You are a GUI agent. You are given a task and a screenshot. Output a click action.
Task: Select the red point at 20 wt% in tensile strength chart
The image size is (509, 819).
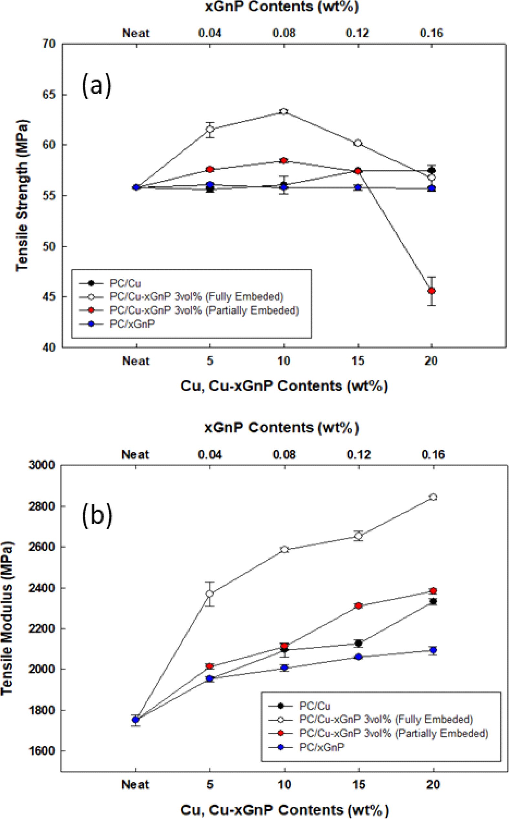pos(431,291)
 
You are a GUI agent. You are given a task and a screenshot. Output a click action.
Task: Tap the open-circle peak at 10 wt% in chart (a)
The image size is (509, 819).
pos(284,112)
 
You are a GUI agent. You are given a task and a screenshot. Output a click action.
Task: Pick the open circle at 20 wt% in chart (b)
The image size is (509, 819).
pos(433,497)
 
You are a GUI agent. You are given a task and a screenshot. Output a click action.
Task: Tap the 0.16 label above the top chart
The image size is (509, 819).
pos(431,33)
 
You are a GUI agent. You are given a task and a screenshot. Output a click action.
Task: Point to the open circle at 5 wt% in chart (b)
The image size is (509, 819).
pos(210,594)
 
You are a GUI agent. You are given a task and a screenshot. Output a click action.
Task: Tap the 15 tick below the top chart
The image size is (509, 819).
pos(358,361)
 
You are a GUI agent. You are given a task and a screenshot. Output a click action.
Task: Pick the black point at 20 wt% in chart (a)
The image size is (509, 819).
pos(432,170)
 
